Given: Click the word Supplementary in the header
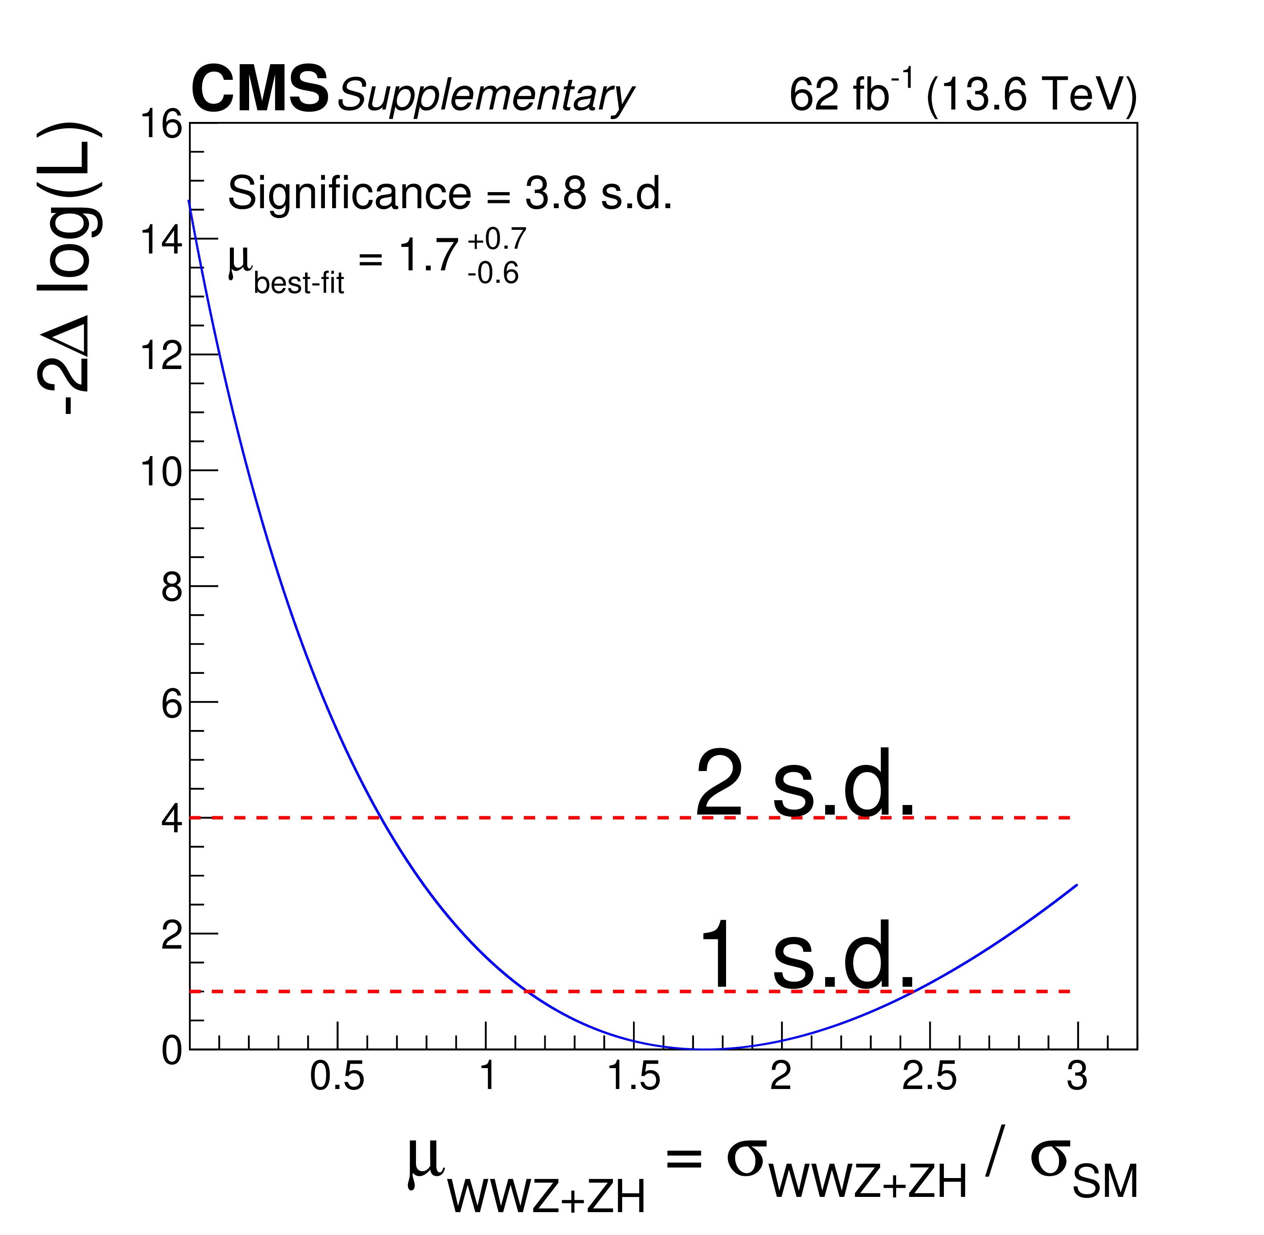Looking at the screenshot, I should (x=485, y=95).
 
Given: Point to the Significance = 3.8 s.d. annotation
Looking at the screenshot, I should (x=449, y=193).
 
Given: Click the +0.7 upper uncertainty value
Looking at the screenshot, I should (x=496, y=239).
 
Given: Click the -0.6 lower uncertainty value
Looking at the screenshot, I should (x=493, y=273).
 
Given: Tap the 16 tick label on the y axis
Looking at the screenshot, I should (x=162, y=124).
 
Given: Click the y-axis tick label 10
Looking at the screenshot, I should (x=162, y=472).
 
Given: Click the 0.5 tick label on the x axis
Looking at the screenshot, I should (x=337, y=1076).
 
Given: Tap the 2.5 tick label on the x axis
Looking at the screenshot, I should (x=929, y=1076).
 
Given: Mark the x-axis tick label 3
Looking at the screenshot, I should (x=1077, y=1076).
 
